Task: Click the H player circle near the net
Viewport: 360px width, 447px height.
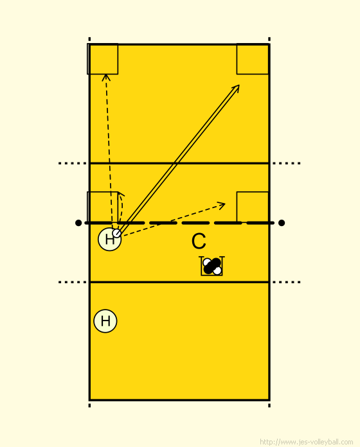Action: coord(109,240)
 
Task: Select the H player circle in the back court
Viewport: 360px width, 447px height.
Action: coord(105,321)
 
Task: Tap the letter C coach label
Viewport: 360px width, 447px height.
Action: coord(199,241)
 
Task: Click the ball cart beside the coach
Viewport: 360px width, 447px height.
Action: coord(212,266)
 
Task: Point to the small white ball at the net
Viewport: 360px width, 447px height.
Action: coord(116,233)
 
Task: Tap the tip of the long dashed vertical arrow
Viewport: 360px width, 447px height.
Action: coord(106,74)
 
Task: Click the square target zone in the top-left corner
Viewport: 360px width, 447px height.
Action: coord(102,59)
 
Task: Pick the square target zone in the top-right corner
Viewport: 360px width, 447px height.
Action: coord(253,59)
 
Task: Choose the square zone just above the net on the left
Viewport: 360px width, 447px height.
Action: coord(102,207)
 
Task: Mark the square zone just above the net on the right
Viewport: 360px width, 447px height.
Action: coord(253,207)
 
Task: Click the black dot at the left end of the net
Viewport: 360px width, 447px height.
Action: coord(78,223)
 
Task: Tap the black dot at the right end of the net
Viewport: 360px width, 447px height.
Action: coord(282,223)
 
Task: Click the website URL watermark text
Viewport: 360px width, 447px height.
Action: coord(307,442)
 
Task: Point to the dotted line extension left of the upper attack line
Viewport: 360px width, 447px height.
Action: coord(73,163)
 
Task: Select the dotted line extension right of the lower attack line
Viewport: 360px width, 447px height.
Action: coord(287,282)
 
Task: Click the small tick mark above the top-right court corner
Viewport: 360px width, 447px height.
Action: coord(269,39)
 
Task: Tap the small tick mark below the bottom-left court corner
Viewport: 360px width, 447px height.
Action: coord(89,405)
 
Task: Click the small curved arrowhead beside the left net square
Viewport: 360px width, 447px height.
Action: coord(122,194)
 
